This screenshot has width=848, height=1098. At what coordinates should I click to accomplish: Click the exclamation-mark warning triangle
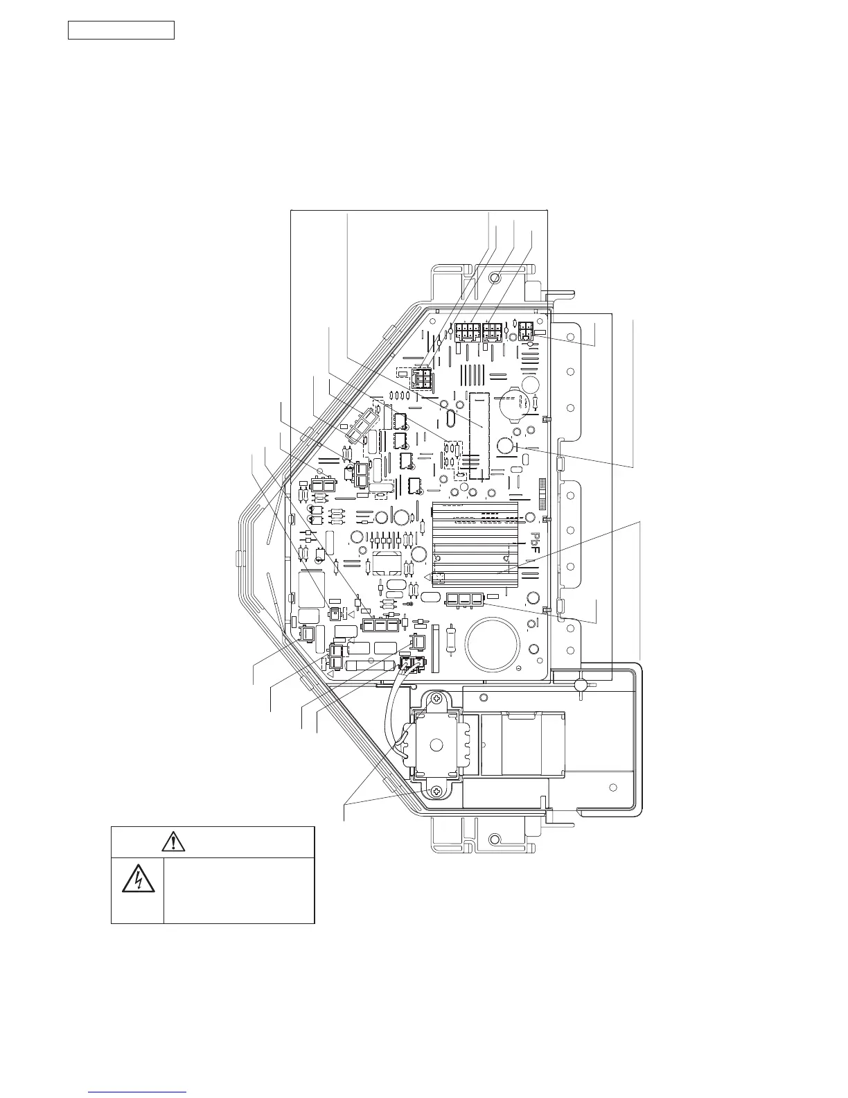point(173,842)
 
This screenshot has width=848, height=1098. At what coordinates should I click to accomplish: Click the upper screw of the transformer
point(436,701)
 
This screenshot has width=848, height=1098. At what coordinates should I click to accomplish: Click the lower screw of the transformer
point(436,791)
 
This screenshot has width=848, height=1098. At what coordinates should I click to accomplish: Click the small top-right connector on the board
point(526,331)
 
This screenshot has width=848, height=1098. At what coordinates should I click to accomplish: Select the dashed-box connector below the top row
point(420,378)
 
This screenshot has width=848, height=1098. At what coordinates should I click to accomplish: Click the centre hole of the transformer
point(436,746)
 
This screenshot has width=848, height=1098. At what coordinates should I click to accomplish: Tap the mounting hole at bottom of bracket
point(494,839)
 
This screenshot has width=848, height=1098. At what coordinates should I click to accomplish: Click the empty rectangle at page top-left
point(121,31)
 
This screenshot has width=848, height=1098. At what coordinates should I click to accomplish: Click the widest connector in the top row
point(468,332)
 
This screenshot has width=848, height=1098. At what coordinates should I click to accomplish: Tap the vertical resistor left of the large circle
point(452,637)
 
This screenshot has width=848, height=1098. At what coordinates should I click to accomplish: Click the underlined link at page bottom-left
point(139,1093)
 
